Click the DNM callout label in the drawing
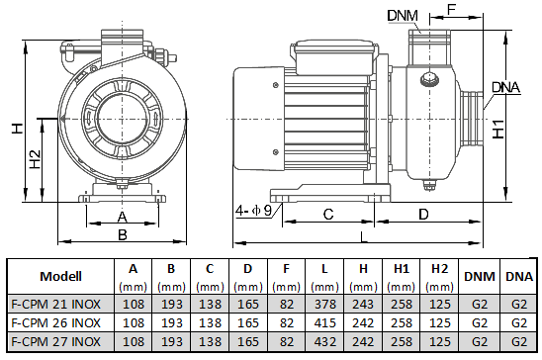(403, 15)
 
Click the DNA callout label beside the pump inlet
(505, 87)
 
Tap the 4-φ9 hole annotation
(254, 210)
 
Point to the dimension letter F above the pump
(451, 10)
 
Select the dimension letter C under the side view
(328, 215)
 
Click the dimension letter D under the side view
(423, 215)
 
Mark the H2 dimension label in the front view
(35, 159)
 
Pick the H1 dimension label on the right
(498, 130)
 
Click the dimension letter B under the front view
(123, 235)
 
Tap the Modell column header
(61, 276)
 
